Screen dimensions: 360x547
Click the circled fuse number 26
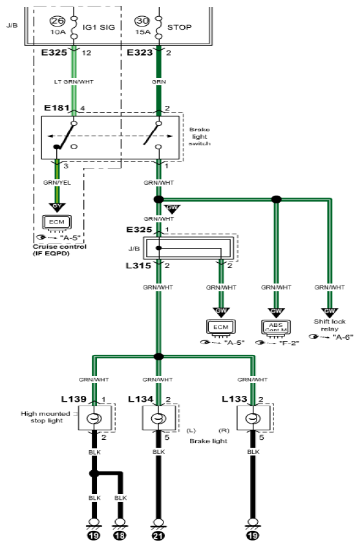(x=58, y=21)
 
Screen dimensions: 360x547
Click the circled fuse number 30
(x=142, y=21)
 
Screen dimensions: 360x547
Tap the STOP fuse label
(x=180, y=27)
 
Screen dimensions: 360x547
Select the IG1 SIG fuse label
(x=99, y=27)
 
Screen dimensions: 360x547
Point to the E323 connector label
(x=140, y=52)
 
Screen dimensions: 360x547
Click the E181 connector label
(x=57, y=108)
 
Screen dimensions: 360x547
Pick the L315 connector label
(x=138, y=266)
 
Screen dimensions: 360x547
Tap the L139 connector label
(x=74, y=399)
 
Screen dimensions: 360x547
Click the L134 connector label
(x=141, y=399)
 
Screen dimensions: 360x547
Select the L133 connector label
(x=235, y=399)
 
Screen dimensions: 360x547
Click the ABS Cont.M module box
(x=276, y=327)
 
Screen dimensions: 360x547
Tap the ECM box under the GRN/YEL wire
(x=57, y=223)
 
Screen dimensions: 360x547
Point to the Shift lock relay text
(x=330, y=325)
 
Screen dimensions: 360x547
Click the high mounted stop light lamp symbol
(x=94, y=418)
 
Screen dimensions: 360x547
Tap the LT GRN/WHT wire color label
(x=74, y=82)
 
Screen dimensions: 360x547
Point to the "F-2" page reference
(x=289, y=343)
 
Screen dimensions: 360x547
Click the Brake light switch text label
(x=200, y=137)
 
